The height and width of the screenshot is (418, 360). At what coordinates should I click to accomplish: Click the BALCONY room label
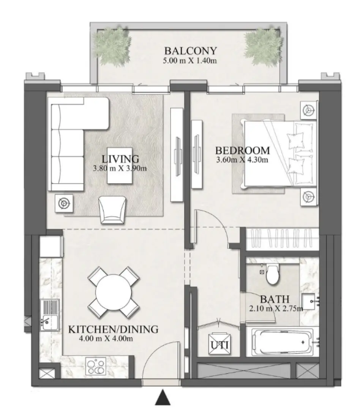point(190,51)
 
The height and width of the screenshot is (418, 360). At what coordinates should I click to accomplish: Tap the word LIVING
point(120,158)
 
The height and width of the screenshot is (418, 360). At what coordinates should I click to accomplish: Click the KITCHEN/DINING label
point(113,329)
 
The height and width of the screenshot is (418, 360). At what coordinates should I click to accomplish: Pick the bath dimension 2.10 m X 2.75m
point(275,309)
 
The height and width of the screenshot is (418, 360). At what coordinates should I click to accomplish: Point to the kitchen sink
point(50,315)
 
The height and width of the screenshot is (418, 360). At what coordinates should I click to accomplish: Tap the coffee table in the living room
point(120,165)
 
